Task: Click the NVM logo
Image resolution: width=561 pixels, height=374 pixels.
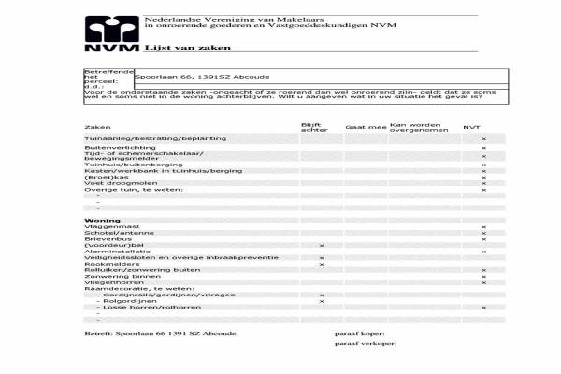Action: tap(110, 34)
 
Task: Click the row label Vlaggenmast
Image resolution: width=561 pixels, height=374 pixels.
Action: tap(106, 226)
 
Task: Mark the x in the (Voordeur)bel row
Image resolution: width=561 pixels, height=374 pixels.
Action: tap(321, 245)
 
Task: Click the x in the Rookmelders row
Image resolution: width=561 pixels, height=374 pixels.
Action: tap(321, 265)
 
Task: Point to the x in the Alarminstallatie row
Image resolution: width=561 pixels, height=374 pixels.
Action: tap(483, 252)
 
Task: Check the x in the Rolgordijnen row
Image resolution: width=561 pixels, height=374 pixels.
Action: tap(321, 302)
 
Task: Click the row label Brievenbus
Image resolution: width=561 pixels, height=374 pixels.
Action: tap(105, 238)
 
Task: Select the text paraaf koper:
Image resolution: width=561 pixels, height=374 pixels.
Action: tap(359, 333)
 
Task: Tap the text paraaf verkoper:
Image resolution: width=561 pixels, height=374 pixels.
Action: tap(366, 345)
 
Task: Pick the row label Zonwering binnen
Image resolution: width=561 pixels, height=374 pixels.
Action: tap(117, 277)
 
